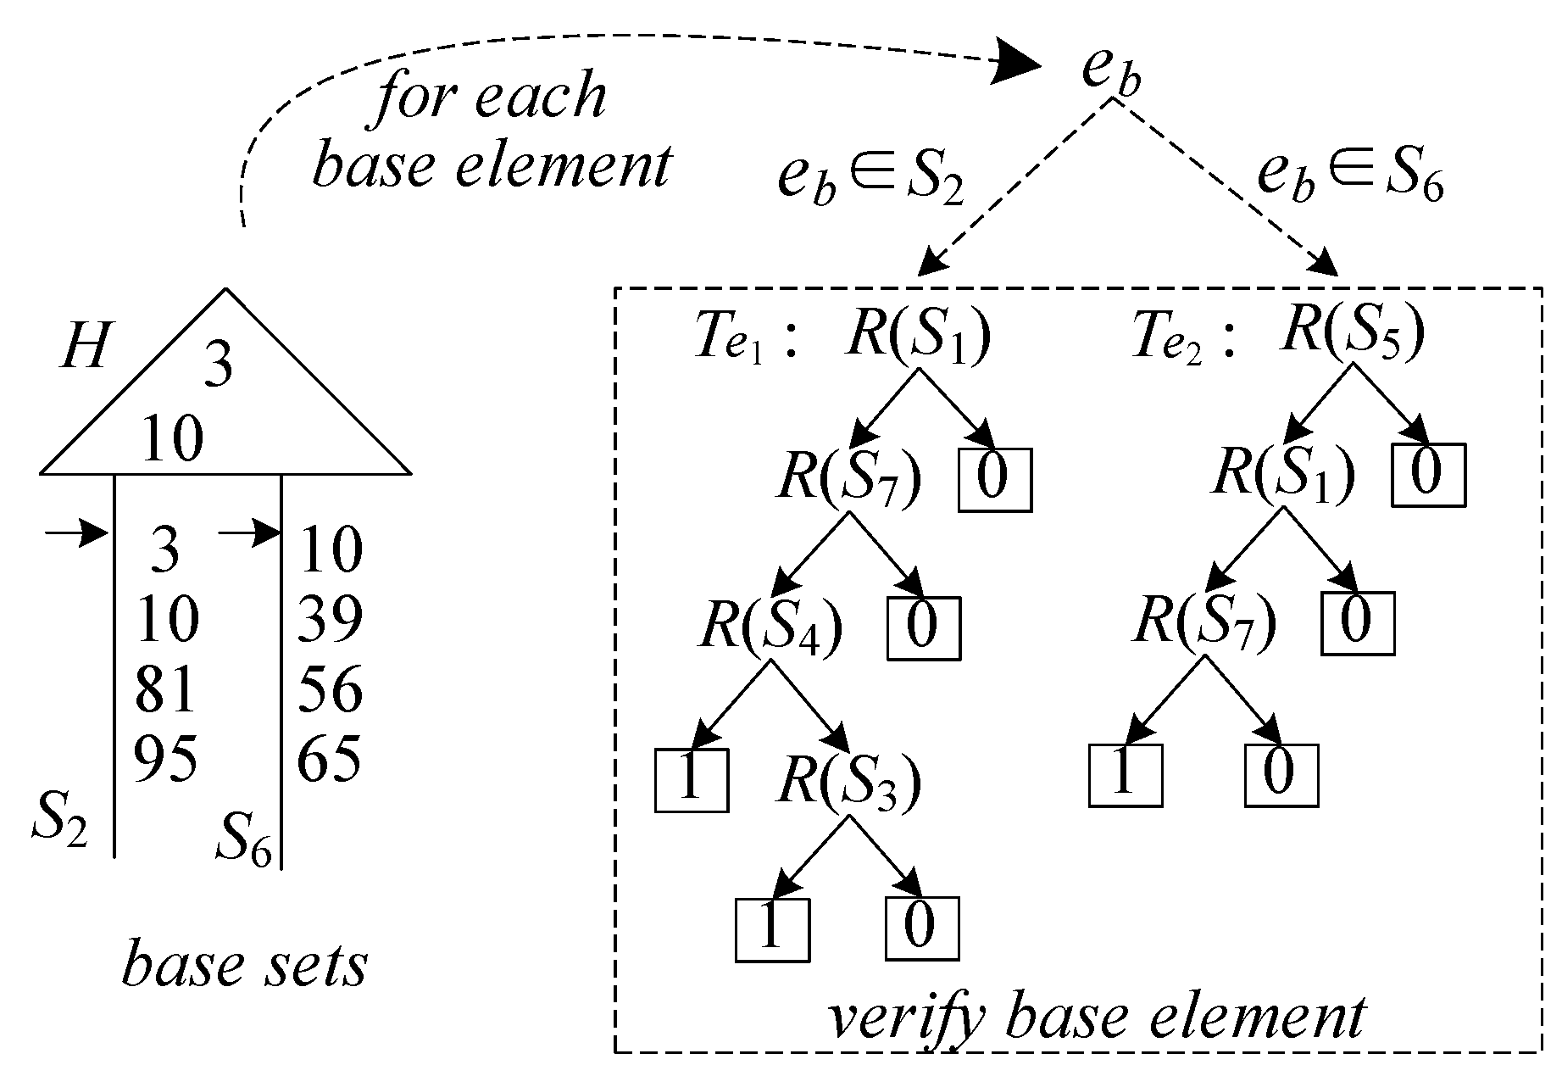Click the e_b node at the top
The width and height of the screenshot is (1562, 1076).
point(1111,72)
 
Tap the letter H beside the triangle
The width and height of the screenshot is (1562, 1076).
point(85,347)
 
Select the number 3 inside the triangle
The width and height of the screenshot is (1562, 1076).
point(219,368)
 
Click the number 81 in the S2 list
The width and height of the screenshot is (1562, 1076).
point(165,689)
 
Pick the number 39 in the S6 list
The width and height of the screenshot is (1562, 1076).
point(330,618)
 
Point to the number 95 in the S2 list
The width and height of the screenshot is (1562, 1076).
point(166,757)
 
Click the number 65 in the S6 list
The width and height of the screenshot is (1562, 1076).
point(329,757)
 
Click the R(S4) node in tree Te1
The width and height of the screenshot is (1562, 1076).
point(770,628)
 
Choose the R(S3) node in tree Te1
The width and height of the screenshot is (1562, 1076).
point(848,783)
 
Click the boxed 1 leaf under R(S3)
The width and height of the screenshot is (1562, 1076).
point(771,929)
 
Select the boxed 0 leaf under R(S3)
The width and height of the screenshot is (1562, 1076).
point(921,928)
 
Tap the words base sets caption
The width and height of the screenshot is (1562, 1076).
point(245,967)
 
